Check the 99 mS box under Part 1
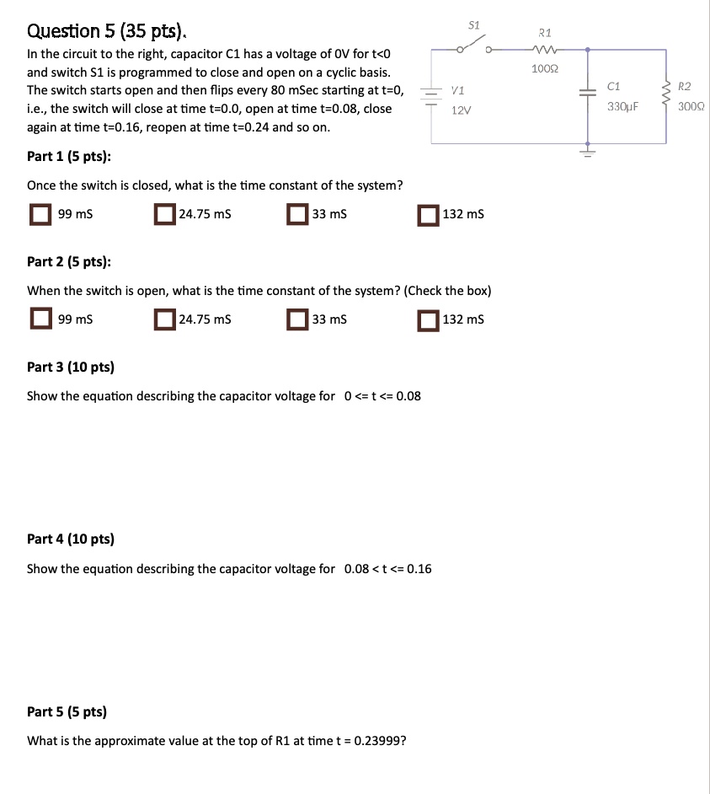(40, 214)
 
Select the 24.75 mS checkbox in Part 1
(164, 214)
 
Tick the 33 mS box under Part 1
(297, 214)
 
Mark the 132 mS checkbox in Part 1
(428, 214)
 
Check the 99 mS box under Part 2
(40, 319)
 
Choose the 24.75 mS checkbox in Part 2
(164, 319)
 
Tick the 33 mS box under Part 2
(297, 319)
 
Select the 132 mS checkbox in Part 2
(428, 319)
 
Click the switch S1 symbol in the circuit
(473, 47)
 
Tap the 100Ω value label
(544, 67)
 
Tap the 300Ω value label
(691, 107)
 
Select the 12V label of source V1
(461, 110)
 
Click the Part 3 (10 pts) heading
(71, 367)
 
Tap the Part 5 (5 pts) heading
(67, 711)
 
